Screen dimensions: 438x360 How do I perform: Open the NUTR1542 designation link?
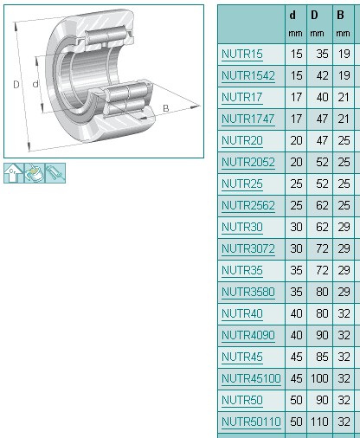[x=247, y=76]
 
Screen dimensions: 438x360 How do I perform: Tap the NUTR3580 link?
[x=247, y=293]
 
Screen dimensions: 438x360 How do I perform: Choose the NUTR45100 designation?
[x=251, y=378]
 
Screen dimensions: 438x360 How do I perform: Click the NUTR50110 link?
[x=251, y=422]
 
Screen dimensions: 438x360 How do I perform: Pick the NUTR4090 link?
[x=247, y=336]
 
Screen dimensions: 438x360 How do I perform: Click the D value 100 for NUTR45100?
[x=318, y=378]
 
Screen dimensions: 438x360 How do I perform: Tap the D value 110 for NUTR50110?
[x=318, y=422]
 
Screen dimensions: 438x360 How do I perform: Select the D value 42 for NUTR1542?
[x=318, y=76]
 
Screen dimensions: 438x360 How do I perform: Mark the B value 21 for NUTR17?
[x=344, y=98]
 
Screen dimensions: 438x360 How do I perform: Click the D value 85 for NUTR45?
[x=318, y=357]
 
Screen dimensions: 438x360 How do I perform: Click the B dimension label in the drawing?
[x=166, y=108]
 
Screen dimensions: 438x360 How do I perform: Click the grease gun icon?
[x=56, y=172]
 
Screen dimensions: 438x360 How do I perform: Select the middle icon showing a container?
[x=35, y=172]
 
